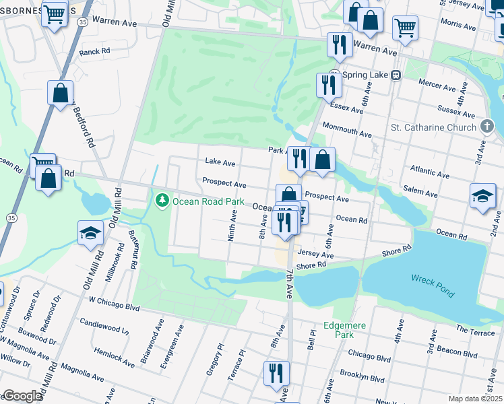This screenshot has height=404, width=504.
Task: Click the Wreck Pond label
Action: pyautogui.click(x=433, y=285)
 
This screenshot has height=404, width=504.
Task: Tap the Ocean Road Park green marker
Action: pyautogui.click(x=162, y=200)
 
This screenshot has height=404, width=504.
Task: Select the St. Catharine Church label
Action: pyautogui.click(x=433, y=127)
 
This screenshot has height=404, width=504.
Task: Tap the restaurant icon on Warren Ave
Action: pyautogui.click(x=340, y=45)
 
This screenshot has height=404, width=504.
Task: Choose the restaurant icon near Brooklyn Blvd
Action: pyautogui.click(x=276, y=374)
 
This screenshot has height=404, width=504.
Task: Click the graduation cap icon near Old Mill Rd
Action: pyautogui.click(x=90, y=233)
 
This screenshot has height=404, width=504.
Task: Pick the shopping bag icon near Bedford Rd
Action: pyautogui.click(x=60, y=94)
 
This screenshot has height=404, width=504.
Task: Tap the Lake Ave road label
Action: pyautogui.click(x=220, y=163)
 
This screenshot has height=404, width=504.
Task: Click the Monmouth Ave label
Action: pyautogui.click(x=346, y=130)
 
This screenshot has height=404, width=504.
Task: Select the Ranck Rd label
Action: pyautogui.click(x=94, y=51)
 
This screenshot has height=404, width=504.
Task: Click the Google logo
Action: pyautogui.click(x=22, y=396)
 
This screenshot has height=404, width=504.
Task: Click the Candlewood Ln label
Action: pyautogui.click(x=104, y=326)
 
